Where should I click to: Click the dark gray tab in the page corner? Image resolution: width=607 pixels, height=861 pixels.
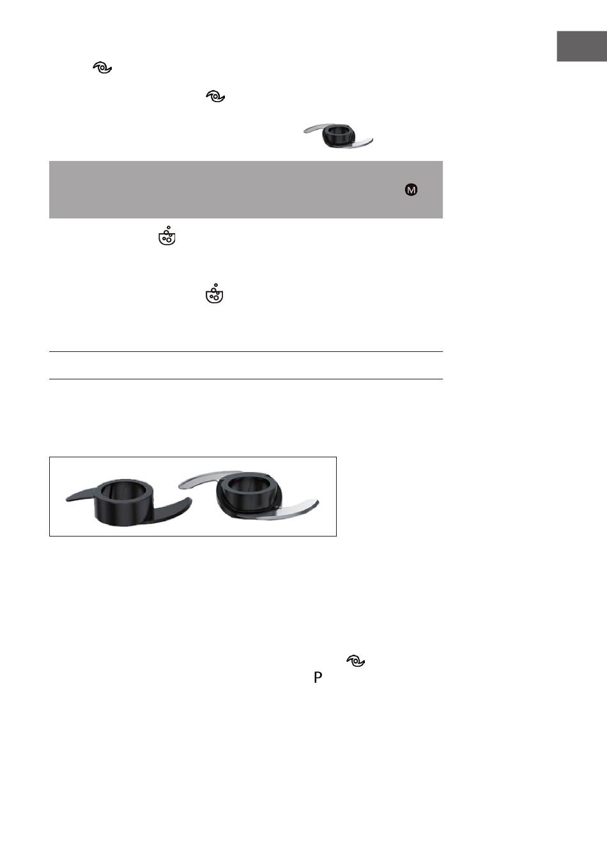581,46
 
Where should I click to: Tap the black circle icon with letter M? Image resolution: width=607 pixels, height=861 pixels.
411,190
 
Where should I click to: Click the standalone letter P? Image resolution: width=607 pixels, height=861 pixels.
318,677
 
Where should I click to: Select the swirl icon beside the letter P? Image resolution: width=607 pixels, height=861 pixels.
356,660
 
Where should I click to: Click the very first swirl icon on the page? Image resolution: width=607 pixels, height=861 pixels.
102,68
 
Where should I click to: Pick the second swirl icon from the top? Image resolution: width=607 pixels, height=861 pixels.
215,96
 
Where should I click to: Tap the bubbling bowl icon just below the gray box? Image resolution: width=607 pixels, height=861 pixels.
167,236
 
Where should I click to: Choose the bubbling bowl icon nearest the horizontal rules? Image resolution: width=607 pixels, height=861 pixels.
215,294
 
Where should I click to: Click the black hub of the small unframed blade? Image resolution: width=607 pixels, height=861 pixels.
337,135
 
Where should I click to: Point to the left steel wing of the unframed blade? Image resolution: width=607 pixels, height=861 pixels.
313,128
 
